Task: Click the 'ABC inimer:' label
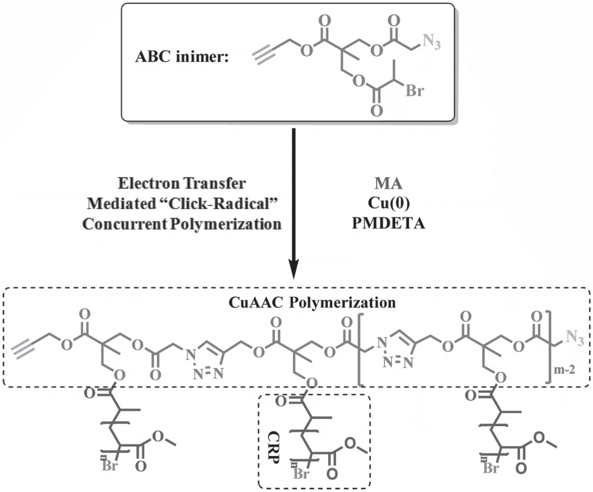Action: coord(182,58)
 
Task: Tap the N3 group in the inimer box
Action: coord(432,42)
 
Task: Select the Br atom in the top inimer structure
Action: coord(415,91)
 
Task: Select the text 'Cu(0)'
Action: coord(389,204)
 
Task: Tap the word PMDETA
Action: coord(389,224)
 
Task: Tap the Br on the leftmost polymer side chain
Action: coord(110,466)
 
